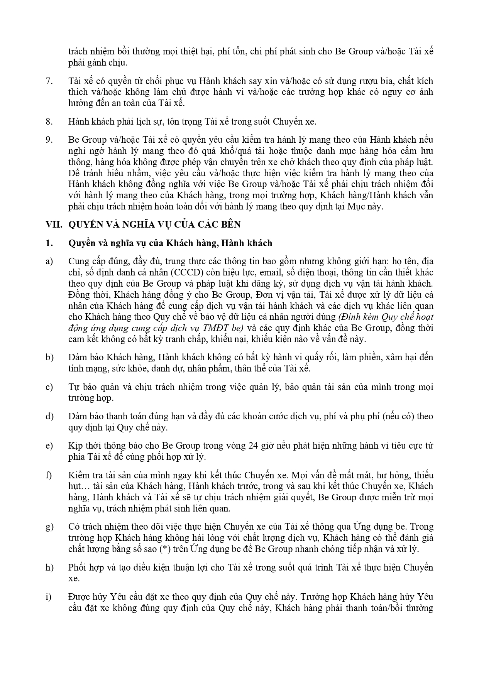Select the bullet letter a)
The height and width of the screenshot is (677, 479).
(49, 262)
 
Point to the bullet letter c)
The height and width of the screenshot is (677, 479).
(49, 387)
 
